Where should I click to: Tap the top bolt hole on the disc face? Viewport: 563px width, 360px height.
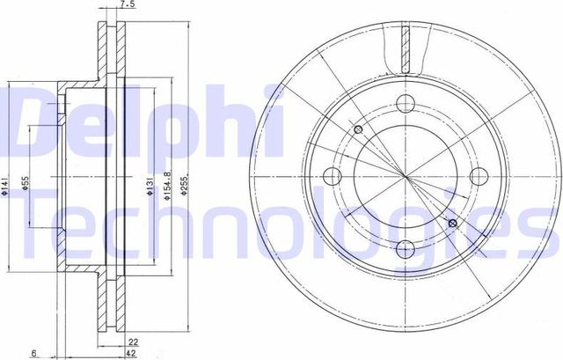(x=406, y=102)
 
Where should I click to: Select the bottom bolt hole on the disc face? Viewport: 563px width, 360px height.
(x=406, y=249)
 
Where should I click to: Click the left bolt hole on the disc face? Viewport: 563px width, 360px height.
(x=333, y=175)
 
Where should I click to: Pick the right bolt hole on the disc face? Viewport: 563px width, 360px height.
(x=479, y=175)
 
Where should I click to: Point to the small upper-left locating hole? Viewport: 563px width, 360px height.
(x=358, y=130)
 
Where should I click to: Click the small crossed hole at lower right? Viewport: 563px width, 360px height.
(x=453, y=224)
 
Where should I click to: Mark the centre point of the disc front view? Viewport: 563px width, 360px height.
(x=406, y=176)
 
